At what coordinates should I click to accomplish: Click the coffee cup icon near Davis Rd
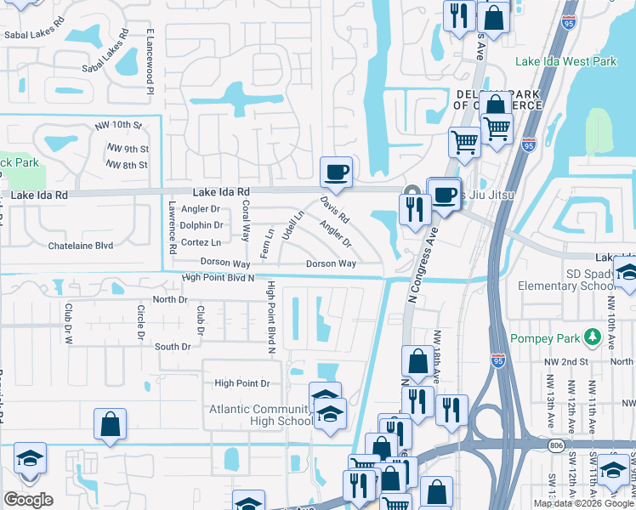(x=335, y=173)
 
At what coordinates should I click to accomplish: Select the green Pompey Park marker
(x=592, y=339)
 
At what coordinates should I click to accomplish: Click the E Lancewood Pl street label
(x=150, y=61)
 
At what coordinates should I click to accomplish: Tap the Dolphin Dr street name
(x=201, y=225)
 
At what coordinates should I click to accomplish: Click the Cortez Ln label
(x=201, y=241)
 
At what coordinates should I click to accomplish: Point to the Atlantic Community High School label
(x=261, y=415)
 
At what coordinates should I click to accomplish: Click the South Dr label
(x=173, y=347)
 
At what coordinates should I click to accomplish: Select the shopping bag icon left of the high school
(x=111, y=424)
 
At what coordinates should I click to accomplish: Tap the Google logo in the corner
(x=28, y=500)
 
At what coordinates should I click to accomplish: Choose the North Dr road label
(x=169, y=299)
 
